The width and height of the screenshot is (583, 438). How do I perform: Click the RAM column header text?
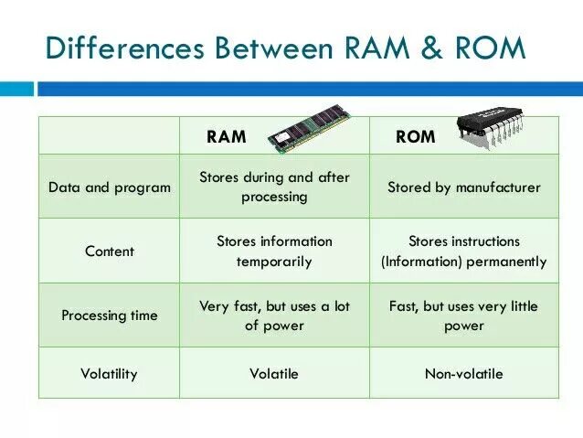click(227, 137)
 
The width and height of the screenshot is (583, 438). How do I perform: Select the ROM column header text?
click(415, 137)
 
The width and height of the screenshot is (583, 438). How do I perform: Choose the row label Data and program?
click(110, 187)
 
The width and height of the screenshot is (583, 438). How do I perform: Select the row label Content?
click(110, 251)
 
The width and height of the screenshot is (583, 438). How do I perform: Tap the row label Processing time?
click(110, 315)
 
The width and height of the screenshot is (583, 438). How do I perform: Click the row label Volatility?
click(110, 374)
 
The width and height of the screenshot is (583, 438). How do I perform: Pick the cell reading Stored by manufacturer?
click(464, 187)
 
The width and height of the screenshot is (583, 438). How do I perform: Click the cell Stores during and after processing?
click(274, 187)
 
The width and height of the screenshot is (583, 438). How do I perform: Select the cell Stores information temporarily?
click(274, 251)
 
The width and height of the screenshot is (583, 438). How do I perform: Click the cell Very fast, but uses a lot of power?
click(274, 315)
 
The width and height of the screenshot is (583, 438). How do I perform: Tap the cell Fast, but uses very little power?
click(464, 315)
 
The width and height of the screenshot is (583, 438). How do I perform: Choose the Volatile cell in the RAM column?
click(274, 374)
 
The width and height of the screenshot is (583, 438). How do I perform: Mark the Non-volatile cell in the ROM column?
click(464, 374)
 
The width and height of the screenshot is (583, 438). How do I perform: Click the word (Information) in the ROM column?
click(417, 262)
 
